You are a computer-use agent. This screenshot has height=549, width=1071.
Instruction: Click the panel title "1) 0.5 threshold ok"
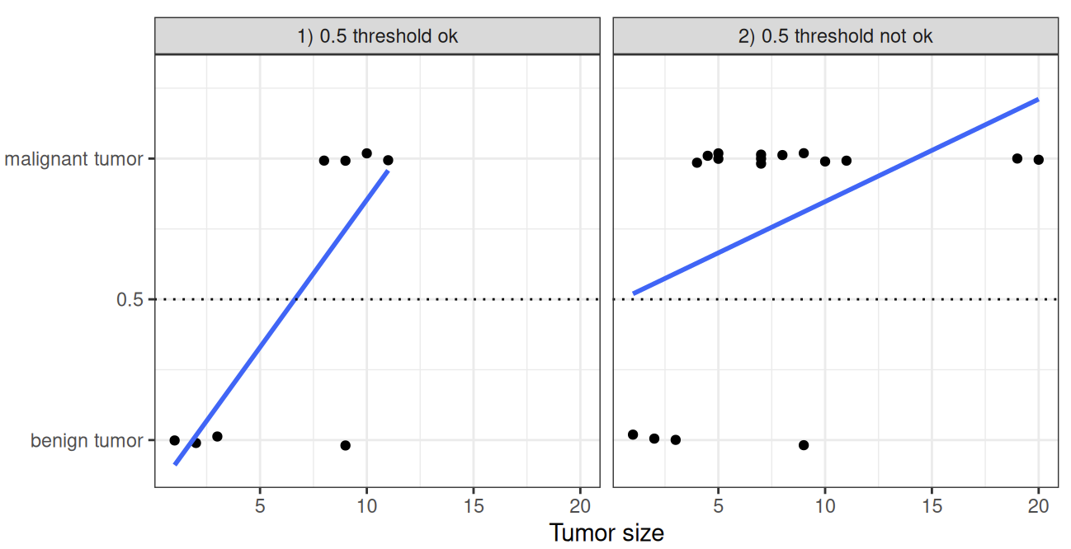tap(377, 36)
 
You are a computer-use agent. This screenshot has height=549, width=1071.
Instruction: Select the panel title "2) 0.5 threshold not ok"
tap(835, 36)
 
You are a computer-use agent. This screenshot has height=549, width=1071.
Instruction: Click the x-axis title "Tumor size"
tap(606, 533)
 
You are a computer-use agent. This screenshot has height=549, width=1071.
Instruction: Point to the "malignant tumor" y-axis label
tap(74, 159)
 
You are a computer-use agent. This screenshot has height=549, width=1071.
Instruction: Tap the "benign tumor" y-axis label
tap(87, 441)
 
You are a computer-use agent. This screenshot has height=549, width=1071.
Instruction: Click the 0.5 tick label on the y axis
tap(130, 300)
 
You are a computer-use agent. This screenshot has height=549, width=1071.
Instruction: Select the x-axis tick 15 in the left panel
tap(474, 504)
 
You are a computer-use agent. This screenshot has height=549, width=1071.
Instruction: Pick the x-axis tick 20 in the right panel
tap(1038, 504)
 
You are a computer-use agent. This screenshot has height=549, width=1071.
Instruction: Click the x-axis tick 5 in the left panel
tap(260, 504)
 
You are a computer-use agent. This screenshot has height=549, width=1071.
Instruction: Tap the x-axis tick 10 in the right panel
tap(824, 504)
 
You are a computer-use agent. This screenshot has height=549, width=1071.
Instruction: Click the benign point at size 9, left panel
tap(345, 445)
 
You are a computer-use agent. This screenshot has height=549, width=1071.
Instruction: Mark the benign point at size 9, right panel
tap(804, 445)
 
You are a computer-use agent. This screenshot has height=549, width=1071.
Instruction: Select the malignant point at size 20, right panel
tap(1038, 160)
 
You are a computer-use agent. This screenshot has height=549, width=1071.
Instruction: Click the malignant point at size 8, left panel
tap(323, 161)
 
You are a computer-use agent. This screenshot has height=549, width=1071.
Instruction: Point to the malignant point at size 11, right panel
tap(846, 161)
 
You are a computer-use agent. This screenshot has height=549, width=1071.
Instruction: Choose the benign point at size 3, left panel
tap(217, 436)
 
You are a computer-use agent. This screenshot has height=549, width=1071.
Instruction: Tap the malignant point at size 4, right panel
tap(696, 162)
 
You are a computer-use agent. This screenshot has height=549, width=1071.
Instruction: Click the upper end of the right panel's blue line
tap(1037, 99)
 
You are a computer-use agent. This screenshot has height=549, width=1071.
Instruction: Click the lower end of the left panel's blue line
tap(175, 464)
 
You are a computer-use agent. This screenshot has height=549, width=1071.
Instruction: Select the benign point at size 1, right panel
tap(633, 434)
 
